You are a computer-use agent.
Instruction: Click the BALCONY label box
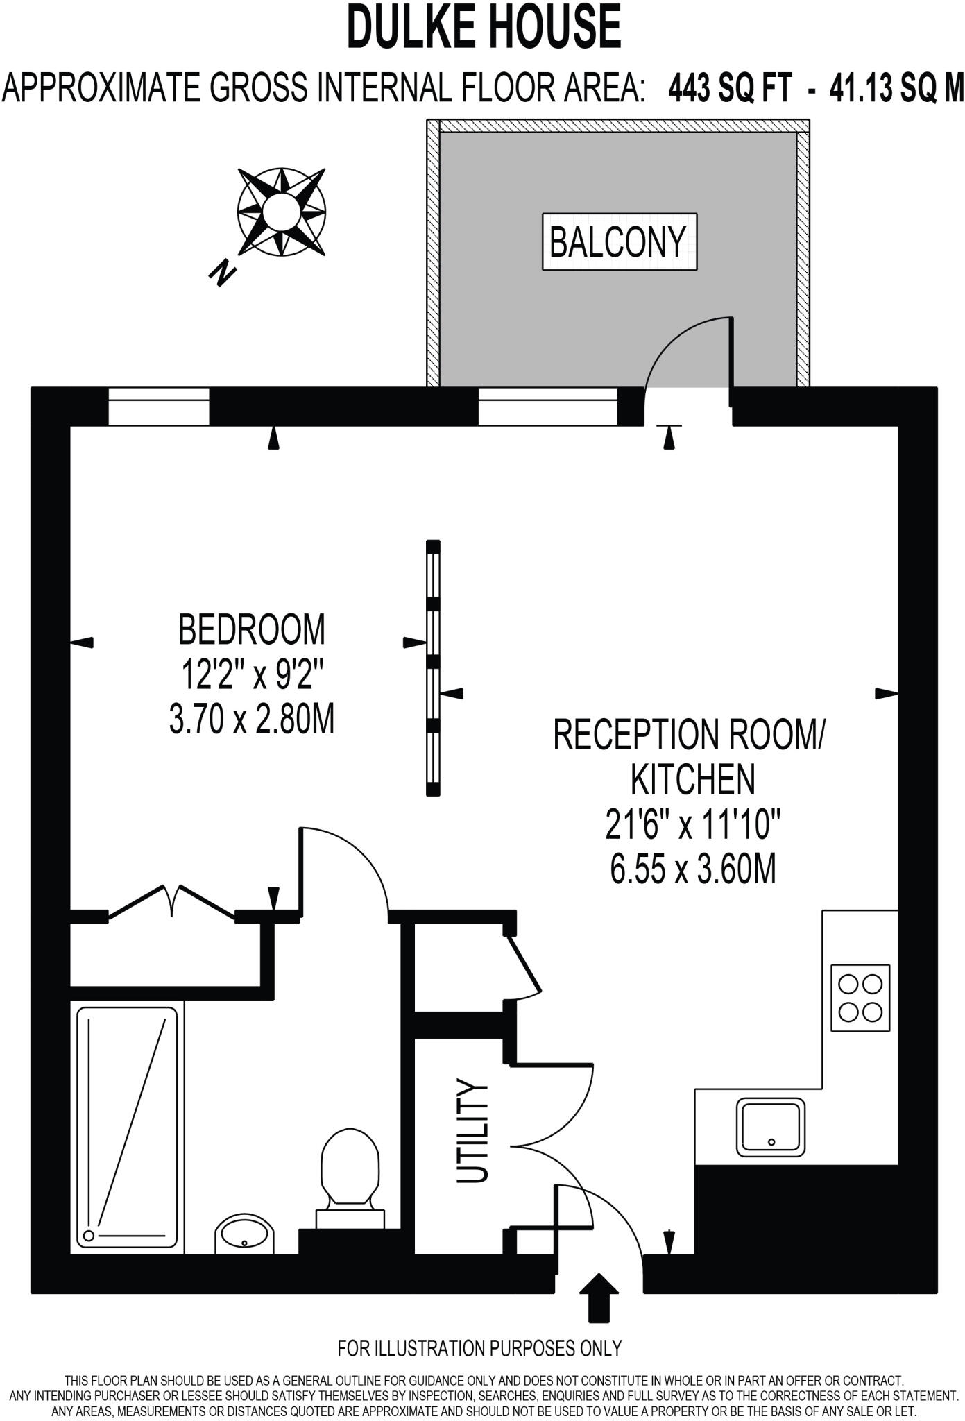(619, 241)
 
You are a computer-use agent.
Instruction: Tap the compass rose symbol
(281, 210)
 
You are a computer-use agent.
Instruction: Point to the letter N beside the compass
(222, 273)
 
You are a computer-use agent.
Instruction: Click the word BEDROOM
(251, 630)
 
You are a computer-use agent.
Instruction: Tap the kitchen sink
(771, 1127)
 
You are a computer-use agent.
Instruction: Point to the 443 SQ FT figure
(729, 89)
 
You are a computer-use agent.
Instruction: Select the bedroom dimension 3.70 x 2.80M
(252, 719)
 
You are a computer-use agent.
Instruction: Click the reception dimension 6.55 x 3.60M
(692, 869)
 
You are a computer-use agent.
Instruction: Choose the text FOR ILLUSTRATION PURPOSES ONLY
(479, 1348)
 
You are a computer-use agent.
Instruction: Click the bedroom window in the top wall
(159, 406)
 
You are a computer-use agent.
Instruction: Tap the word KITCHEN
(692, 779)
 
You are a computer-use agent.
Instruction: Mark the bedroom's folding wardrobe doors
(171, 901)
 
